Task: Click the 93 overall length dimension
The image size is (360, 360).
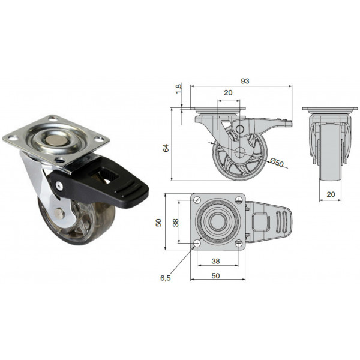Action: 245,81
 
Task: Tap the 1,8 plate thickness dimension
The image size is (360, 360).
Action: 179,89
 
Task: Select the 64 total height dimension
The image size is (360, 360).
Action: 166,148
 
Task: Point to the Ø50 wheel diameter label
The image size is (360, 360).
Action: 277,163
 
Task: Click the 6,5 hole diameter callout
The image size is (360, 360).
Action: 166,278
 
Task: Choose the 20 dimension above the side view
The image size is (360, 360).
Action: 228,93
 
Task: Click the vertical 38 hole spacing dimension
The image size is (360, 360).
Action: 176,223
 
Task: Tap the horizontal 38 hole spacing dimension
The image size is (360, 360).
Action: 216,261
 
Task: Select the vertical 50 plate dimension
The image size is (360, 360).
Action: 158,223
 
